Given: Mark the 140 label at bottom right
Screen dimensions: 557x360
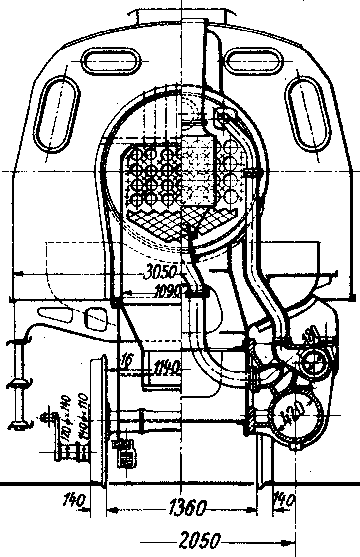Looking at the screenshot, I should coord(284,502).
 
